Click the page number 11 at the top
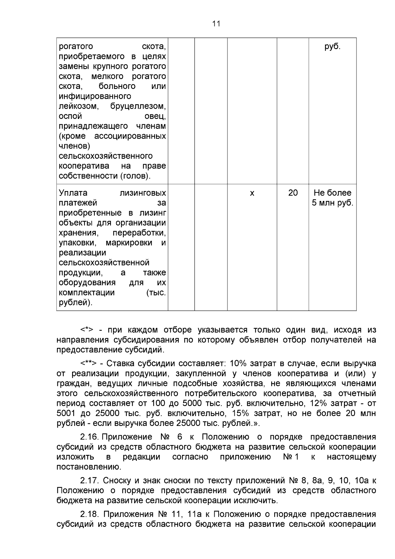point(216,24)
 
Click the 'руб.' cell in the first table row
point(332,47)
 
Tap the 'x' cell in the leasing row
point(252,193)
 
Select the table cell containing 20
point(293,193)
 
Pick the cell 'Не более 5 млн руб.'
point(332,198)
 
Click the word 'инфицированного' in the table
point(95,97)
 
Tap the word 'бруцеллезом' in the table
point(138,106)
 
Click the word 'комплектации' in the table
point(87,293)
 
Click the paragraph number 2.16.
point(90,437)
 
